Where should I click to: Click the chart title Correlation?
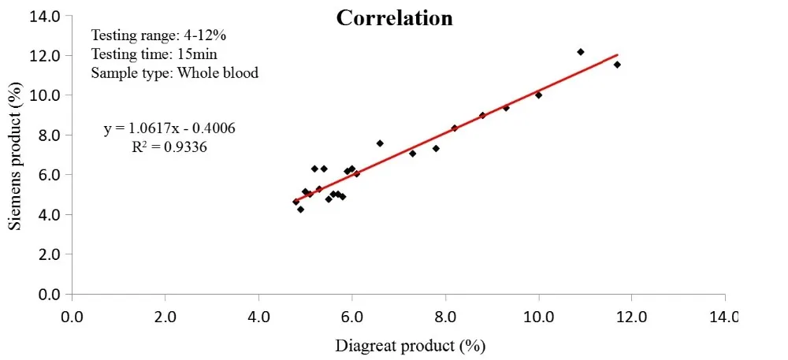394,17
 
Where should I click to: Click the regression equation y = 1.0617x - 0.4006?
169,128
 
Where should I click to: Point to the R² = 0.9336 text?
169,146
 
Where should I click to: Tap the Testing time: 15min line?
154,54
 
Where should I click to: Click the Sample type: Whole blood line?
175,72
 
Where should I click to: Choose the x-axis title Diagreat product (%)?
409,345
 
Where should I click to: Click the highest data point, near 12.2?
581,52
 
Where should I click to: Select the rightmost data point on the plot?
617,65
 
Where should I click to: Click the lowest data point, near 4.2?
300,210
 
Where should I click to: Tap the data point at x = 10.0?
538,95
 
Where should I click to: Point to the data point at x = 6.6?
380,143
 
